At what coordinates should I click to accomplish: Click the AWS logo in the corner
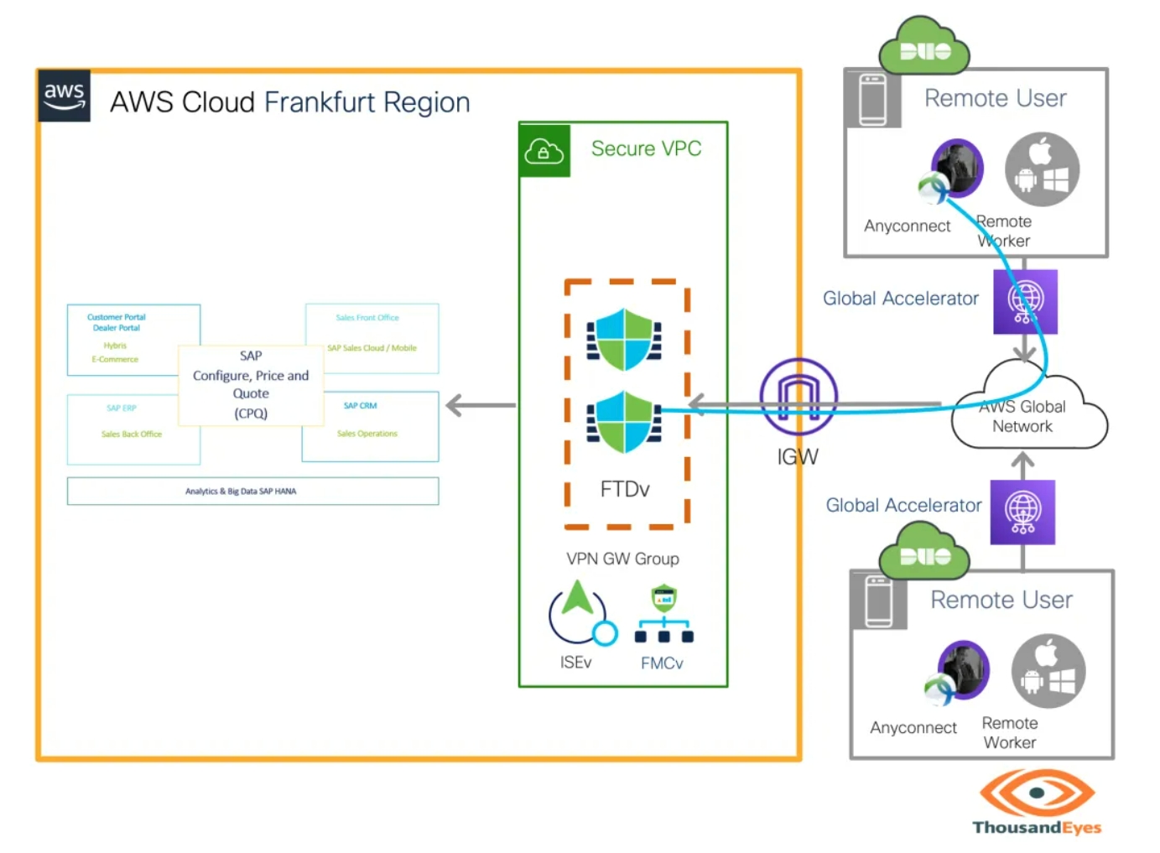[64, 96]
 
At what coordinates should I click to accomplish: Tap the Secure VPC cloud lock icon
[544, 151]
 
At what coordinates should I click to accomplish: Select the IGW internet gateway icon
[798, 397]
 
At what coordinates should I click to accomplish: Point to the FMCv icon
[663, 615]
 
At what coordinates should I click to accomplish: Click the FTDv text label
[625, 489]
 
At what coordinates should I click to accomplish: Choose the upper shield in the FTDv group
[624, 340]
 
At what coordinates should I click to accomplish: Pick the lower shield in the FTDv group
[624, 422]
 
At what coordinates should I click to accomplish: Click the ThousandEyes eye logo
[1037, 793]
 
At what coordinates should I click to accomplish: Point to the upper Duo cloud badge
[924, 48]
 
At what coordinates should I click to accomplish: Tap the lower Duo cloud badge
[924, 551]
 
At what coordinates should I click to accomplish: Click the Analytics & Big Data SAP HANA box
[252, 491]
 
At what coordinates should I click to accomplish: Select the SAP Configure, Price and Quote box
[251, 385]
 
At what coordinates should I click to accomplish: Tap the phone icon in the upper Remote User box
[872, 99]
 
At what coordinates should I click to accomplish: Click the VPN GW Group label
[622, 559]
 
